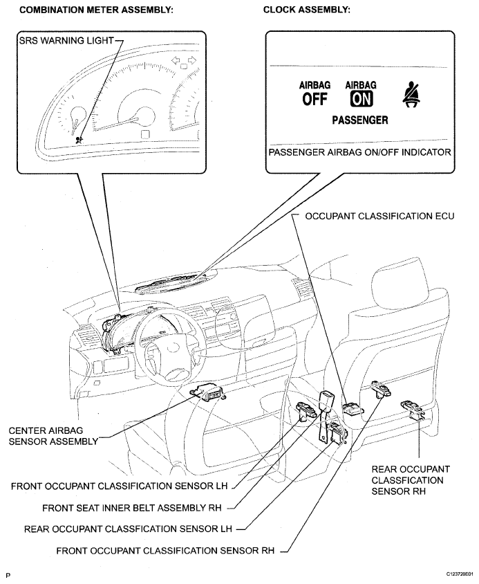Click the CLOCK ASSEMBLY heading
click(307, 10)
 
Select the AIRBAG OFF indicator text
click(314, 94)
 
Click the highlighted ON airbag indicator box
click(360, 99)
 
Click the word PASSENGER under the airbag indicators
click(359, 120)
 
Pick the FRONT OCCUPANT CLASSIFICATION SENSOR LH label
click(119, 486)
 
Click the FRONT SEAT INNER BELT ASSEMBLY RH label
click(131, 507)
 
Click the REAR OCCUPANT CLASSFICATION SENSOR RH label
click(411, 480)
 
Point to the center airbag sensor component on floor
click(208, 393)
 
